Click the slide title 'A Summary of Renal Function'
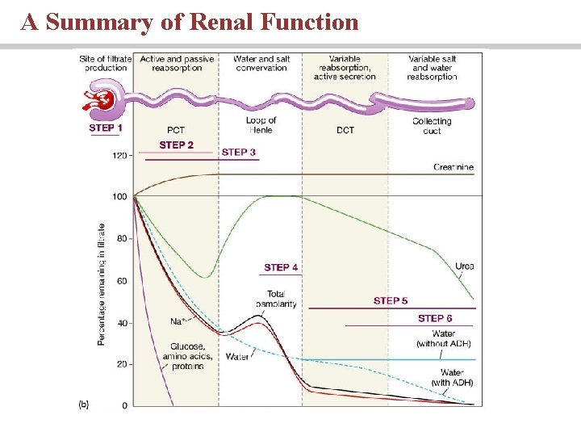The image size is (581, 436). pos(190,22)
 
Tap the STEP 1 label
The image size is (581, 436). pos(106,128)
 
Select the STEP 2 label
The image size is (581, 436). pos(176,145)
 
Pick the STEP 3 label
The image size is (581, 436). pos(239,152)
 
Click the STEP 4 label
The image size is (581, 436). pos(281,267)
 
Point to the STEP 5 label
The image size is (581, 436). pos(391,300)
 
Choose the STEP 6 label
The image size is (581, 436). pos(435,319)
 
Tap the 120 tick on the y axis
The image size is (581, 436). pos(119,155)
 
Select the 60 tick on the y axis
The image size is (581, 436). pos(122,281)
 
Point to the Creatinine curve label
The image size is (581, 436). pos(453,167)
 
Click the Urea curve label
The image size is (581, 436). pos(464,266)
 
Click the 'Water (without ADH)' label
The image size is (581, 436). pos(444,339)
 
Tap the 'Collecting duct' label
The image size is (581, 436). pos(431,126)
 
